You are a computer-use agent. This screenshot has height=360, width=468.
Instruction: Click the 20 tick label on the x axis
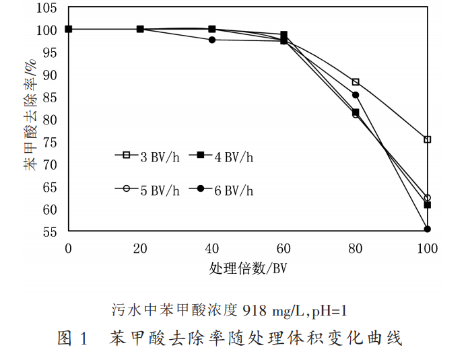pos(140,249)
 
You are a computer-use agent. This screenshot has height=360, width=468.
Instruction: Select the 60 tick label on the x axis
pos(283,249)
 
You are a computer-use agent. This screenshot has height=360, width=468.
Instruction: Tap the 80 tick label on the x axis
pos(356,249)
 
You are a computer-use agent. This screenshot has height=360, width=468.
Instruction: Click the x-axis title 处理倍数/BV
pos(248,268)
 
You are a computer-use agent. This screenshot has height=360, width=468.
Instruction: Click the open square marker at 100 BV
pos(427,139)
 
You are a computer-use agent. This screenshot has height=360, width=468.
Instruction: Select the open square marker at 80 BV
pos(356,82)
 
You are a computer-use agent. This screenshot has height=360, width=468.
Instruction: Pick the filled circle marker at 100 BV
pos(427,229)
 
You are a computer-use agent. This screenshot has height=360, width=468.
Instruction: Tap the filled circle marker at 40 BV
pos(212,40)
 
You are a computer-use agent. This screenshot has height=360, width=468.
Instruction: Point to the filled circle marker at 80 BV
pos(356,95)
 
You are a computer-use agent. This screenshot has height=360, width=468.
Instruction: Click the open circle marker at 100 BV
pos(427,198)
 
